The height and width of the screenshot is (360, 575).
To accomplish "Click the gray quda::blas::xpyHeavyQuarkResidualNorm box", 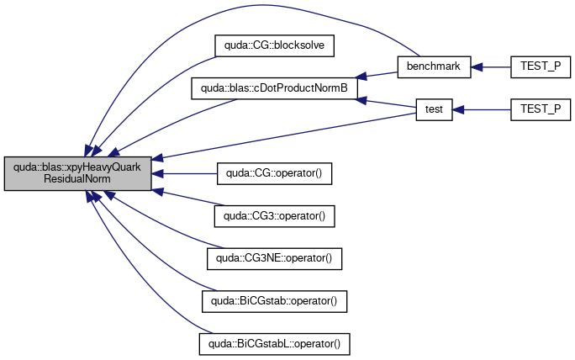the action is point(77,173).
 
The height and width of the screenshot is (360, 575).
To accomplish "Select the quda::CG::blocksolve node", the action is point(274,46).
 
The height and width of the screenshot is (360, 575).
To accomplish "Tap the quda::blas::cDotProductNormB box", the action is point(274,88).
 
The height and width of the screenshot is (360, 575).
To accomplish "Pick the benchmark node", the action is point(434,66).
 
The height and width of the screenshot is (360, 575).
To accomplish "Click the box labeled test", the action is point(434,109).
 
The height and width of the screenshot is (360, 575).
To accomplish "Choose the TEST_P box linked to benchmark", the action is point(541,66).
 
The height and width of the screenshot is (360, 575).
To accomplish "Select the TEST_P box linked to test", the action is point(541,109).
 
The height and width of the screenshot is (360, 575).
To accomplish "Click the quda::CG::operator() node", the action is point(274,173).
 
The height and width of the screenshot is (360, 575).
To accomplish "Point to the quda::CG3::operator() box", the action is point(274,216).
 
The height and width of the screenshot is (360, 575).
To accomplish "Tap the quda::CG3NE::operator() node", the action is point(274,259).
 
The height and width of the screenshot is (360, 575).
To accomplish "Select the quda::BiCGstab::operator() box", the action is point(274,302).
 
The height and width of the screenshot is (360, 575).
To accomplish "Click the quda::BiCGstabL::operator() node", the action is point(274,344).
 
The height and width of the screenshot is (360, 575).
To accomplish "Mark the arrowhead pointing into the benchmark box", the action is point(477,67).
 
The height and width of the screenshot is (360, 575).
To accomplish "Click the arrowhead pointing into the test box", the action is point(458,109).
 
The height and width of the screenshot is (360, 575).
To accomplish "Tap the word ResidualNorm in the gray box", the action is point(77,179).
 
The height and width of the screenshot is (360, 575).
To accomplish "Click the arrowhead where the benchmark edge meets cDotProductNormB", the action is point(361,76).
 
